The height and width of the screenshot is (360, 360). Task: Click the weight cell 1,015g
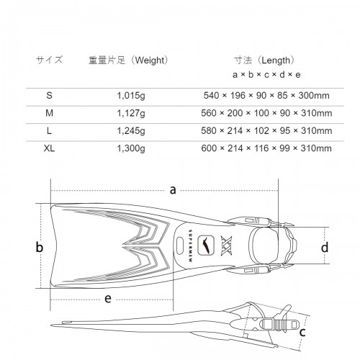[x=131, y=96]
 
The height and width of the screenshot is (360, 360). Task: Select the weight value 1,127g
[x=131, y=113]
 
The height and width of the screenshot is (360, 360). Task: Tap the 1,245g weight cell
[x=131, y=131]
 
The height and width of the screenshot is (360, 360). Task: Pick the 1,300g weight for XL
[x=131, y=148]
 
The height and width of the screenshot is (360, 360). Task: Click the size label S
[x=49, y=96]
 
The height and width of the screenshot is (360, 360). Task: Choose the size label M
[x=49, y=113]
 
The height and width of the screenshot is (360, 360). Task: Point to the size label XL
[x=49, y=148]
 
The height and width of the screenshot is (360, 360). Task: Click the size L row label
[x=49, y=131]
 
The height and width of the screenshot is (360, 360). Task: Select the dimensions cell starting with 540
[x=266, y=96]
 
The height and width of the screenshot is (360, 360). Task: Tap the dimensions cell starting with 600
[x=266, y=148]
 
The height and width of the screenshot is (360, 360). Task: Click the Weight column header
[x=128, y=60]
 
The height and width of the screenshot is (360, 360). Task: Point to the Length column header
[x=264, y=60]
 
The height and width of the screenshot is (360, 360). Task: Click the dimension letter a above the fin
[x=173, y=190]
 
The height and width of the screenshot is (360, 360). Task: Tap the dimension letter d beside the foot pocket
[x=325, y=247]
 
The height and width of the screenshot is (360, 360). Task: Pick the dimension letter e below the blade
[x=108, y=299]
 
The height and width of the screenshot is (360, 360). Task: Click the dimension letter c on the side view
[x=302, y=333]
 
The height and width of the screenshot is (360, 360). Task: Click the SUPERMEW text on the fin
[x=190, y=246]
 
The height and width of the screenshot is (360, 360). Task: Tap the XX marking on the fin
[x=227, y=246]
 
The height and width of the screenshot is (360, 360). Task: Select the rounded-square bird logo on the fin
[x=206, y=246]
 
